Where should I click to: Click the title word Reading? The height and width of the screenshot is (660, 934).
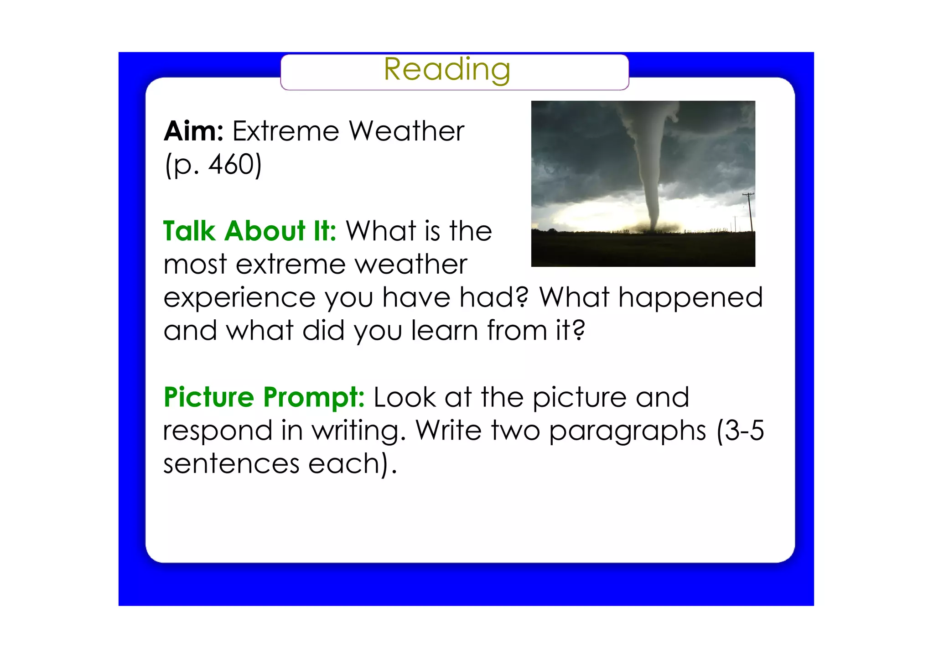(446, 69)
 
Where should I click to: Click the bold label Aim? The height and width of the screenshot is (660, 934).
(193, 131)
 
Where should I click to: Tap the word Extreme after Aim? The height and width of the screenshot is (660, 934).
(285, 131)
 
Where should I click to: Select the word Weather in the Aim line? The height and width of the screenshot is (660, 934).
(406, 131)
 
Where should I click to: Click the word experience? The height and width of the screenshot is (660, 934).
(239, 298)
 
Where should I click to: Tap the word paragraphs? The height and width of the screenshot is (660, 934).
(628, 431)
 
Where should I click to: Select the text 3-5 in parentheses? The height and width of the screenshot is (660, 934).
(744, 431)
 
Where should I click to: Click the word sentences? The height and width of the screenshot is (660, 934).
(231, 464)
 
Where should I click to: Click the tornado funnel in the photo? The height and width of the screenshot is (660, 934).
(650, 173)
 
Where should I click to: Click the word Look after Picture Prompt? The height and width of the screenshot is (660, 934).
(405, 397)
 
